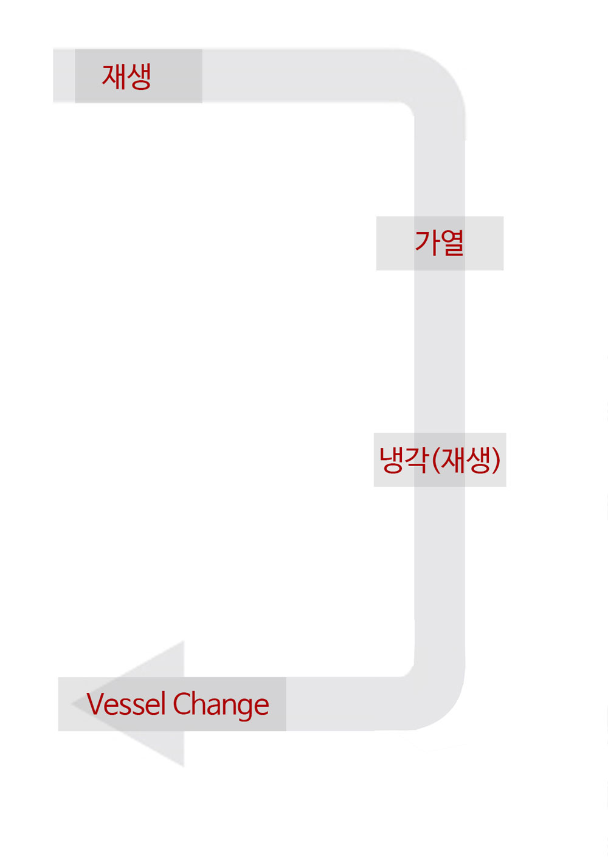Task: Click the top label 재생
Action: coord(126,77)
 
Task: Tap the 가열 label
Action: coord(440,243)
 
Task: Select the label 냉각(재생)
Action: coord(440,459)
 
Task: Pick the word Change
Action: coord(221,705)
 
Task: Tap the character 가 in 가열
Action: coord(427,243)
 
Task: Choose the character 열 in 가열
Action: coord(452,243)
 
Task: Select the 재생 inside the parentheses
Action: coord(465,459)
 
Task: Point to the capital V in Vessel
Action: coord(96,704)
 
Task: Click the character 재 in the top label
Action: coord(114,77)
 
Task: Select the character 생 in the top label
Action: coord(139,77)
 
